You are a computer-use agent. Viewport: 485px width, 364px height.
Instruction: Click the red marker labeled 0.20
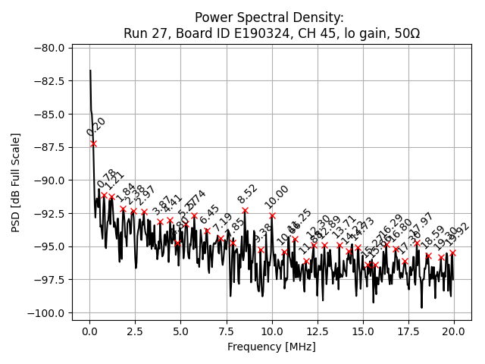pos(93,143)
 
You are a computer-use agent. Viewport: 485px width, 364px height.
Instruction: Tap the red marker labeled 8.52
pos(245,210)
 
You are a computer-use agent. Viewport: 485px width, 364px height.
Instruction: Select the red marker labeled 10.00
pos(272,215)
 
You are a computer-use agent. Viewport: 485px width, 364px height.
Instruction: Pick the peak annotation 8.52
pos(248,193)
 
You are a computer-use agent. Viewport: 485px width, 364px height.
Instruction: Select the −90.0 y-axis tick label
pos(48,180)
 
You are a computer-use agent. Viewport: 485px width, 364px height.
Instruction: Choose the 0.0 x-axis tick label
pos(89,331)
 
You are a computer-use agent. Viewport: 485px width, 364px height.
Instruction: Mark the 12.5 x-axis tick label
pos(318,331)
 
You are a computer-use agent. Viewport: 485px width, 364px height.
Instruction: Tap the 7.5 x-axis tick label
pos(226,331)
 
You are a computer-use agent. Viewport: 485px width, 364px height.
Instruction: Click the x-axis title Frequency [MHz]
pos(271,347)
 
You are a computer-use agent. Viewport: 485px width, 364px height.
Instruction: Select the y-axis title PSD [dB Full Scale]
pos(15,182)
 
